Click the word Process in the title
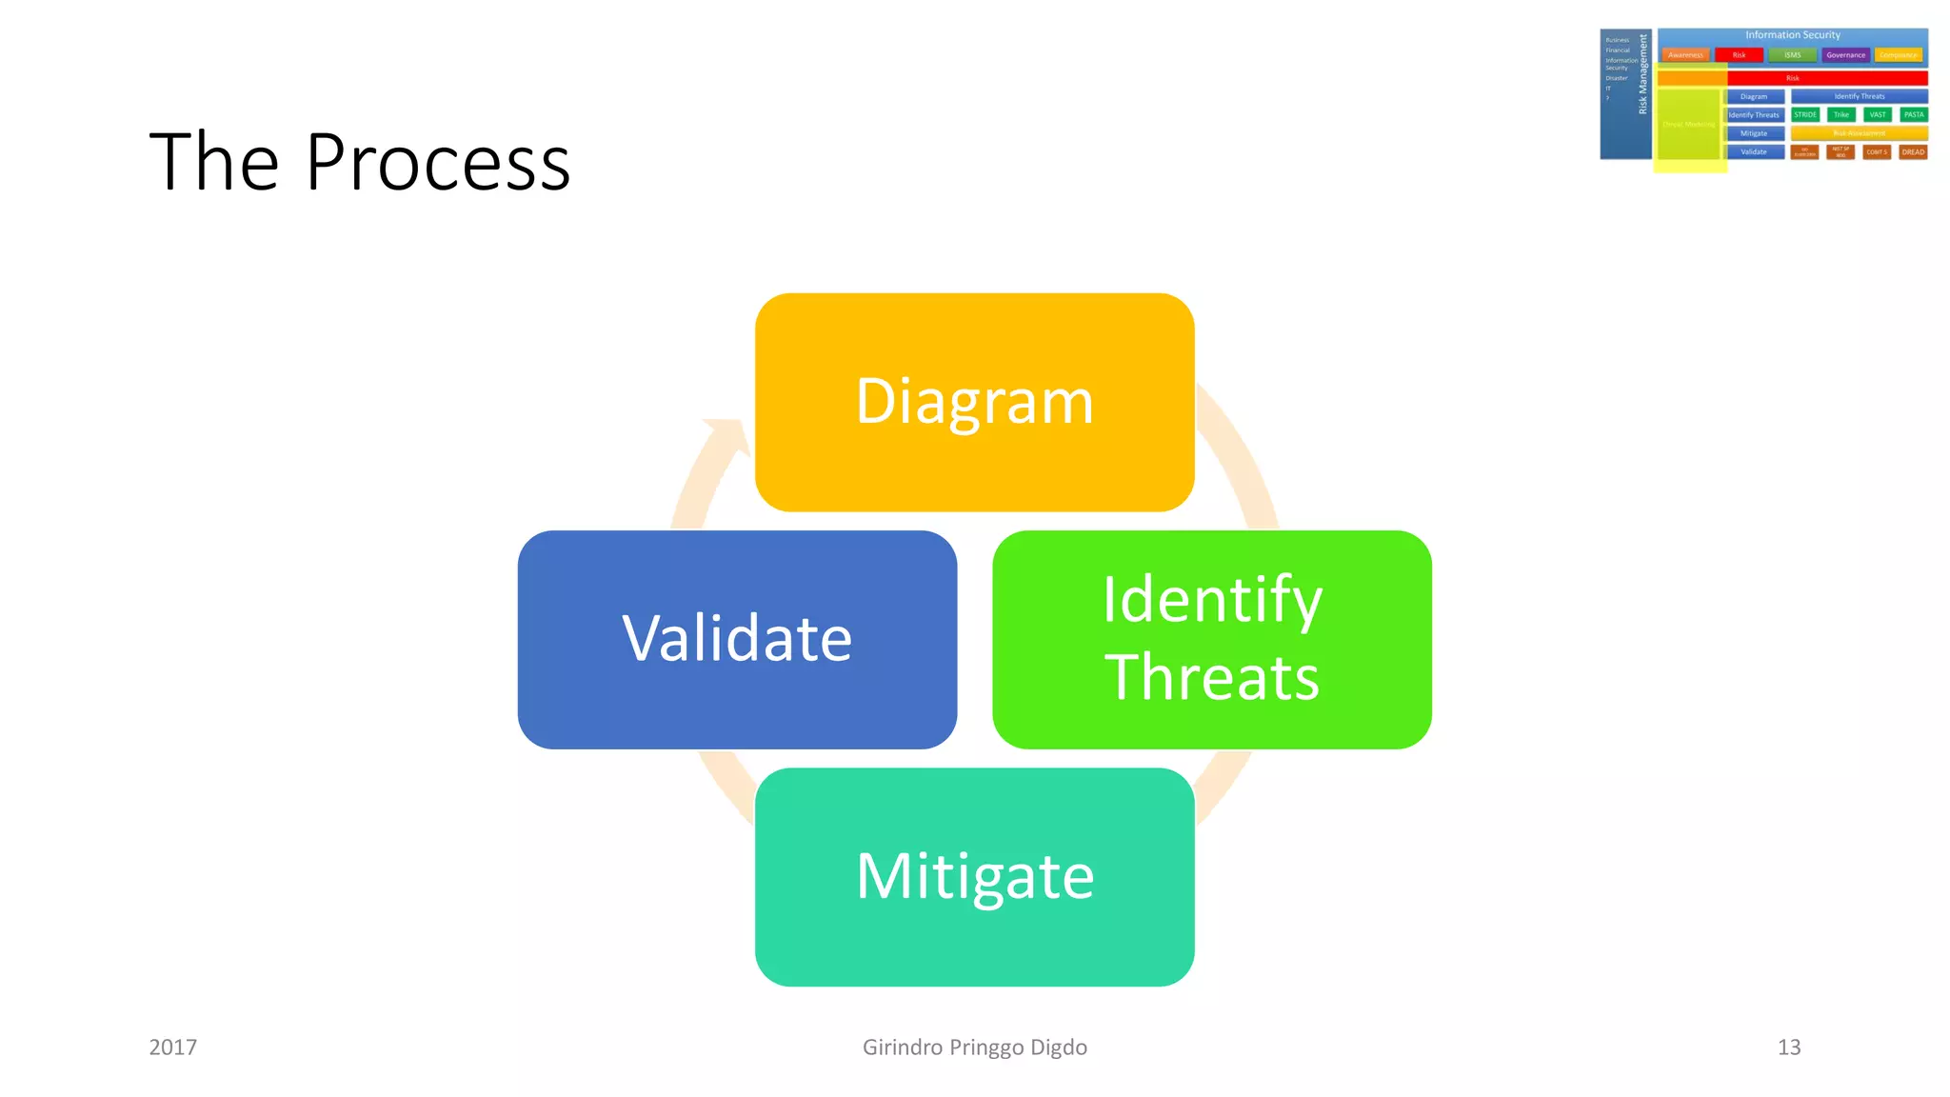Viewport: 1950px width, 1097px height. point(438,163)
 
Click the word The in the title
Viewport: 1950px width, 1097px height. point(213,163)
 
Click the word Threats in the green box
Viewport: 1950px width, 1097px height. point(1211,678)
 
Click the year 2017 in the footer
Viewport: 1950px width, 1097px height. point(173,1047)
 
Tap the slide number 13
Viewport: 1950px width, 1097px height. point(1788,1047)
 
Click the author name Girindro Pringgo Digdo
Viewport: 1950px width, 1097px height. point(974,1047)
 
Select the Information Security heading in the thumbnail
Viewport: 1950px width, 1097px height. point(1792,35)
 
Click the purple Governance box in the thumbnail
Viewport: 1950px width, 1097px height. point(1845,55)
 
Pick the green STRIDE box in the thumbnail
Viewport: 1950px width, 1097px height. point(1804,114)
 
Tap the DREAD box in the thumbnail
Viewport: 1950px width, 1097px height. point(1912,151)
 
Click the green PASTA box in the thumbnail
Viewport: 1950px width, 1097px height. point(1913,114)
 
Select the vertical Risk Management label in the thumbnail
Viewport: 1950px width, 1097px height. point(1642,74)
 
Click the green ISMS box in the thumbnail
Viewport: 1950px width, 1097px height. point(1792,55)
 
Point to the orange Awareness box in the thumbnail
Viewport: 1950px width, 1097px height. point(1685,55)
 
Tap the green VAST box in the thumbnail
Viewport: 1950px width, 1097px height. point(1877,114)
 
